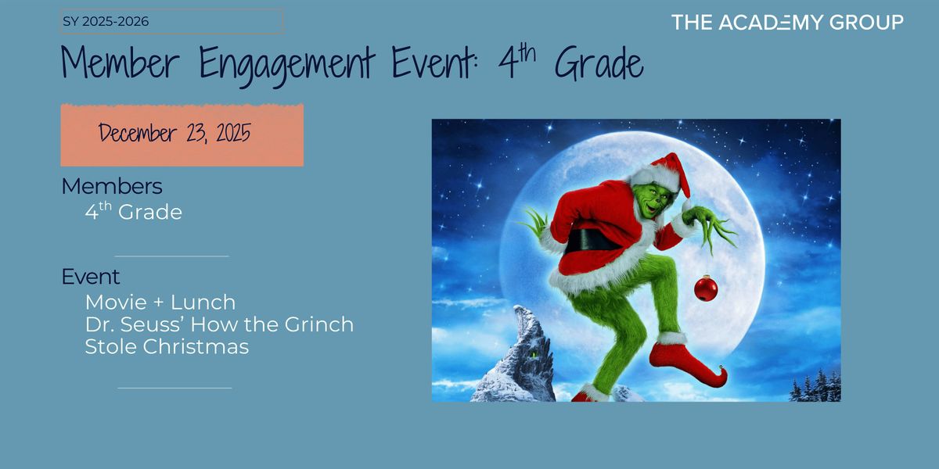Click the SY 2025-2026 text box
[171, 22]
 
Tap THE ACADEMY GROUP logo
[786, 23]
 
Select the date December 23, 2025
[174, 134]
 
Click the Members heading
[112, 187]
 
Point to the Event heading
[91, 277]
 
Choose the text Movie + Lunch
[160, 302]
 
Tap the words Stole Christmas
[167, 346]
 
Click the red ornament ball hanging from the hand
[706, 288]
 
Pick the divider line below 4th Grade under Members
[171, 256]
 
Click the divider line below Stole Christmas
[174, 387]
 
